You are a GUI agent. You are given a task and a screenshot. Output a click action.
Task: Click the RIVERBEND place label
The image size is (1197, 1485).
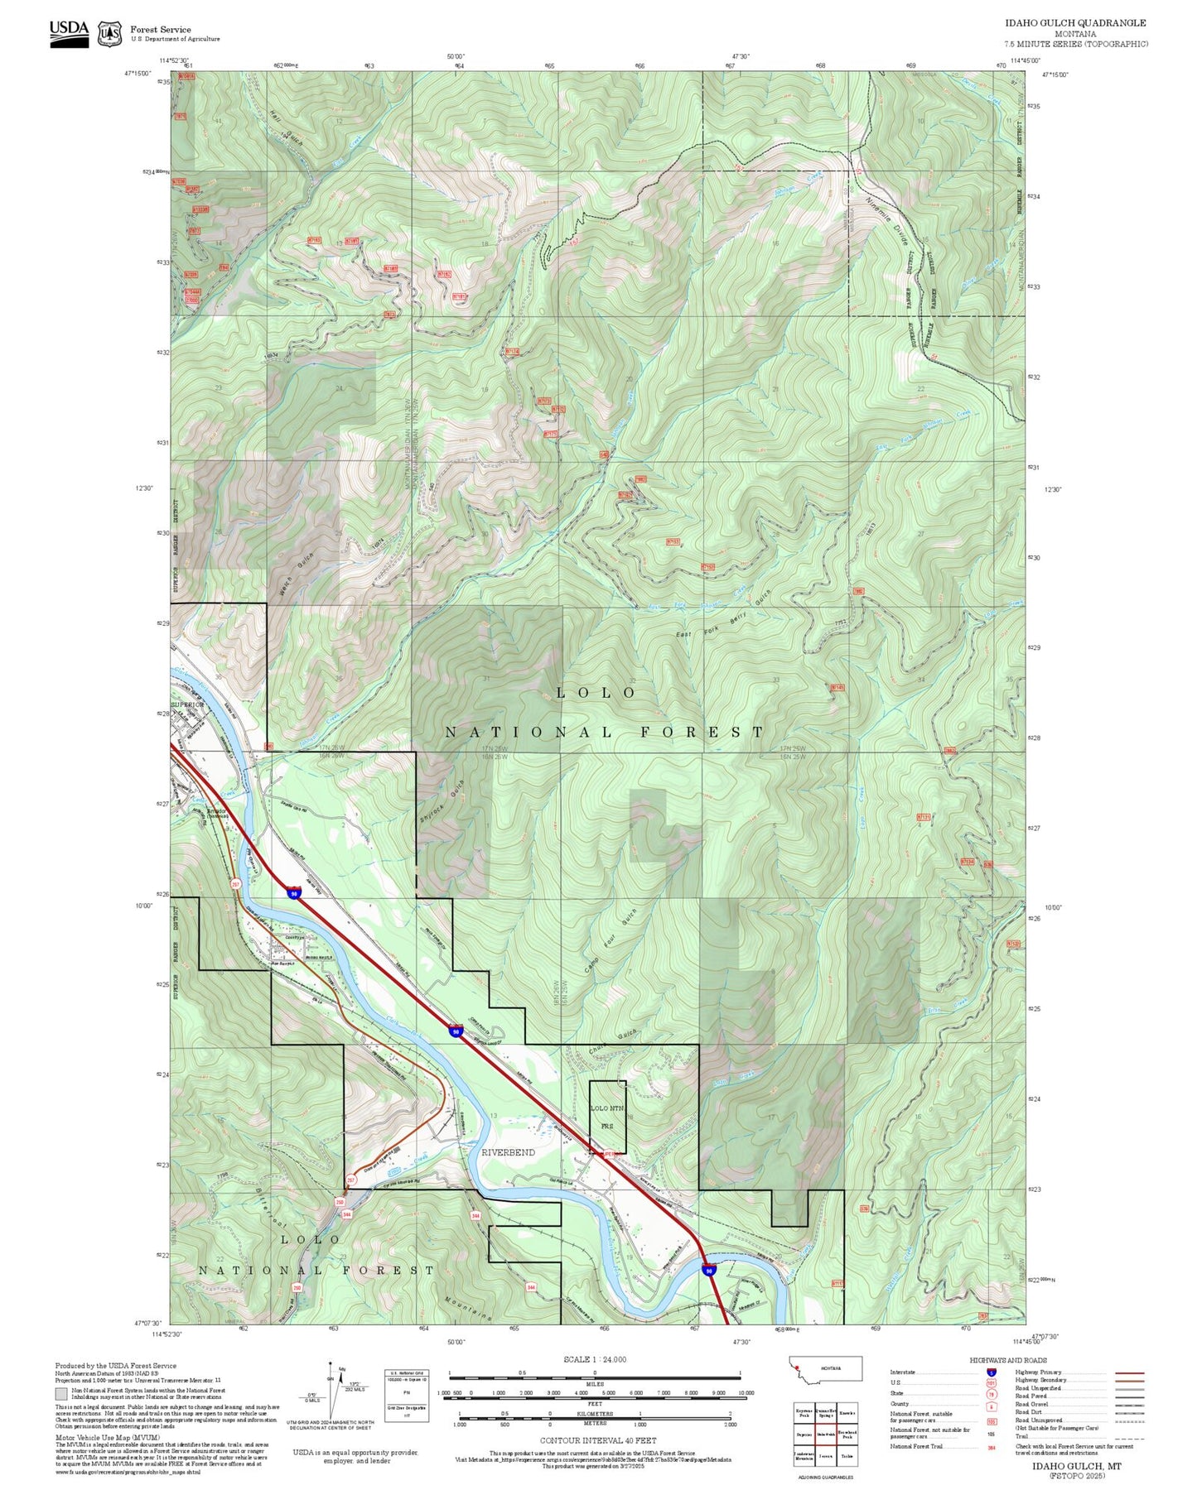click(x=508, y=1152)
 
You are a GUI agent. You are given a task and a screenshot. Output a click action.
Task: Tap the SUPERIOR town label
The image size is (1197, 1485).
click(x=186, y=705)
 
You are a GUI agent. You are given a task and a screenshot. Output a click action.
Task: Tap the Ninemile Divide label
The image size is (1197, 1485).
click(x=887, y=219)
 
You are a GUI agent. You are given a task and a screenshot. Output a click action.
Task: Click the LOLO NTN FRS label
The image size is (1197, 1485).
click(x=606, y=1117)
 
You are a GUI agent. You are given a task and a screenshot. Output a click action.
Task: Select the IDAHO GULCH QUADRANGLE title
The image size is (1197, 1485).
click(x=1075, y=23)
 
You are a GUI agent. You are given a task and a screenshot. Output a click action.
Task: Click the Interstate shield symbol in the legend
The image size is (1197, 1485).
click(x=991, y=1372)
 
